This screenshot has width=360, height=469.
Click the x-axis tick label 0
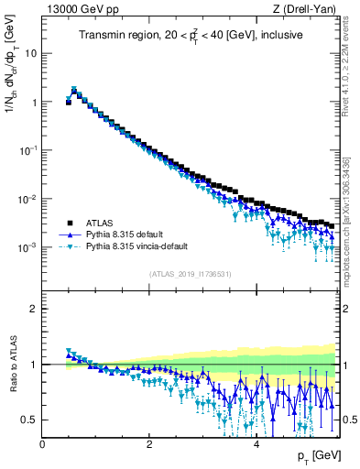(x=43, y=444)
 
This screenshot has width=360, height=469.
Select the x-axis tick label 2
(x=149, y=444)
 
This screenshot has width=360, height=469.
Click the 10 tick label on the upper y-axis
(x=30, y=53)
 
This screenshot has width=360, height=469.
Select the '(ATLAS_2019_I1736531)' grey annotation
(x=191, y=274)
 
